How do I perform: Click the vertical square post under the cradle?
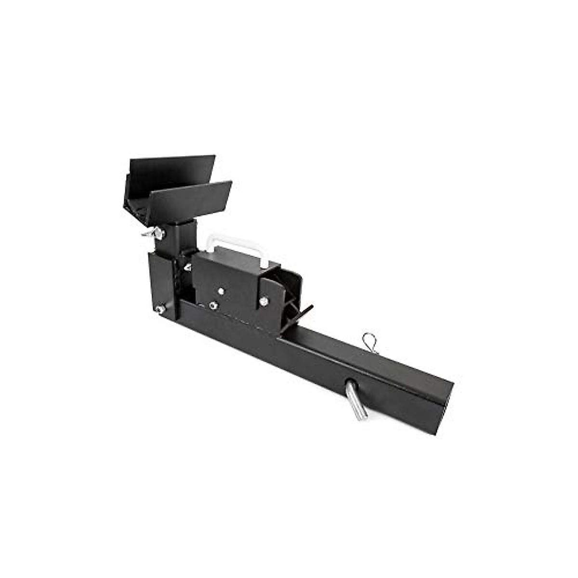pyautogui.click(x=184, y=238)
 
